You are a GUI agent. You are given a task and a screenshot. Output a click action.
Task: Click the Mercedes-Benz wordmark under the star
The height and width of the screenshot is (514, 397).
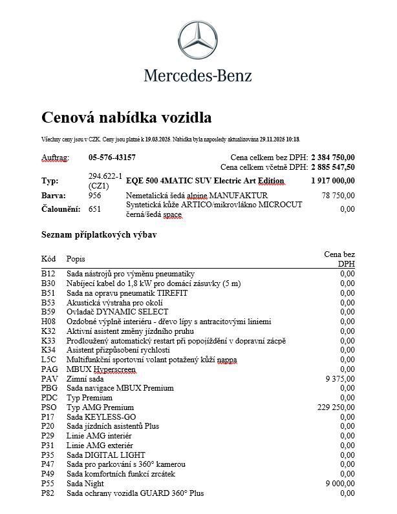click(198, 76)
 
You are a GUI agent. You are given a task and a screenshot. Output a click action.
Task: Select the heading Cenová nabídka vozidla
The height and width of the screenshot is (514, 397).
click(126, 118)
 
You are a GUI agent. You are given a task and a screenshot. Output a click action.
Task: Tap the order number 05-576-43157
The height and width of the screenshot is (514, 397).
click(112, 157)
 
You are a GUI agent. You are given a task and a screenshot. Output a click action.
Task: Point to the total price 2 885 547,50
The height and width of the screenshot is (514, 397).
click(332, 167)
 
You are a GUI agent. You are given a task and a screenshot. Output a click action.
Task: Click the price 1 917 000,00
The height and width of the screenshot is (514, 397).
click(332, 181)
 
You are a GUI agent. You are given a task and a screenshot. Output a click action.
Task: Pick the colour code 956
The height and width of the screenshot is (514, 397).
click(94, 195)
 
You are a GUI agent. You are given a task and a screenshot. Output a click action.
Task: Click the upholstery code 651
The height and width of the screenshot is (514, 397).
click(94, 209)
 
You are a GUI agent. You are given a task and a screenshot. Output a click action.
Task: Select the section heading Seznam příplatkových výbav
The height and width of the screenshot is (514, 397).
click(98, 235)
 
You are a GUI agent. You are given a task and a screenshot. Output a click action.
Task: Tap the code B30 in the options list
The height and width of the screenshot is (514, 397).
click(48, 283)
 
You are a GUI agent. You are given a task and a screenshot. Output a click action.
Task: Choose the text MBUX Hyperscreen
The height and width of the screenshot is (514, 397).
click(102, 369)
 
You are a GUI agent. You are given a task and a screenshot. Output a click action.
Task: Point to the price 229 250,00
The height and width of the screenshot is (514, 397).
click(336, 407)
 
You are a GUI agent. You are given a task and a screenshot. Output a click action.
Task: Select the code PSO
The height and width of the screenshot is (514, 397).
click(49, 407)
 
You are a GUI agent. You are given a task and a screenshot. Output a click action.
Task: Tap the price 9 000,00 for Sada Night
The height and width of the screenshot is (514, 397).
click(339, 484)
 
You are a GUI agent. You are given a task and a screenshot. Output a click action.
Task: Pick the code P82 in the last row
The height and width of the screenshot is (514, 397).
click(48, 493)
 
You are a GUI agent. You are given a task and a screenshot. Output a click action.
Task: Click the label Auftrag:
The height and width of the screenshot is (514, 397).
click(55, 157)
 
